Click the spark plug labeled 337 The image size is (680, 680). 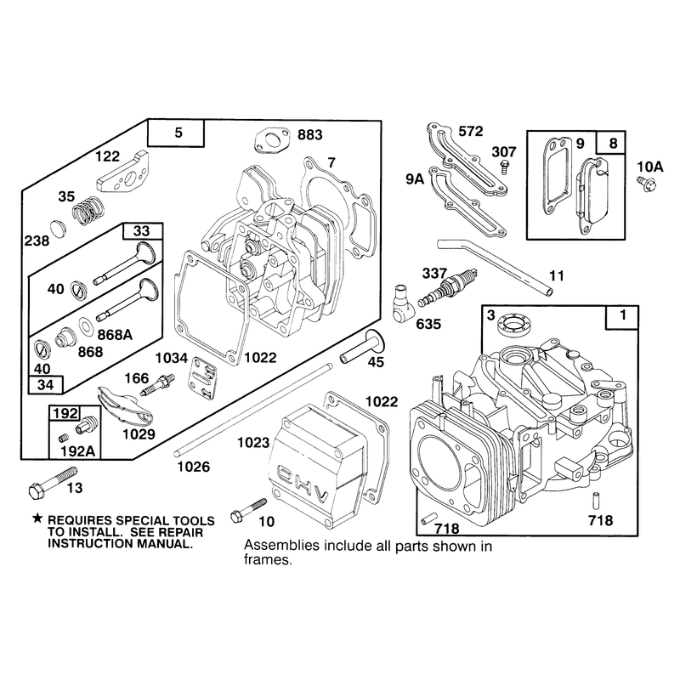pos(447,286)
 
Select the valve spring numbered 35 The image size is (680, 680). pos(88,210)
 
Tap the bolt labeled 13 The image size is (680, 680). pos(52,483)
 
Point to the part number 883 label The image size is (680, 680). pos(309,135)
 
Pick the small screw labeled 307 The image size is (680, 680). pos(504,166)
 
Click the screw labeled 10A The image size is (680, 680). pos(647,183)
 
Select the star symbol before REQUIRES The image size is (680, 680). pos(37,518)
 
